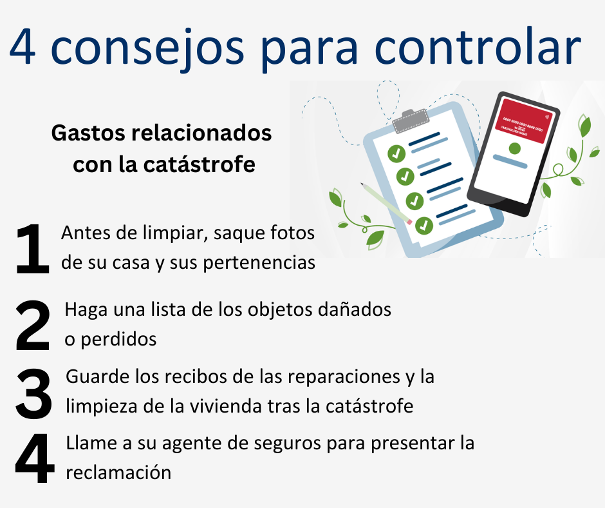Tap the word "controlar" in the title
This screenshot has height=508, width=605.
(x=478, y=47)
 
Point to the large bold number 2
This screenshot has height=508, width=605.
(x=33, y=326)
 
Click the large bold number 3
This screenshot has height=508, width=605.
(x=33, y=394)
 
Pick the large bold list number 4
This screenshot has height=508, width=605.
(x=34, y=458)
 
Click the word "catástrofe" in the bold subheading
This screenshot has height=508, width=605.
(x=199, y=164)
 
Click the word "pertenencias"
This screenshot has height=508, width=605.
(x=259, y=263)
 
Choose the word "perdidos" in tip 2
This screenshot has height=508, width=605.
(x=119, y=340)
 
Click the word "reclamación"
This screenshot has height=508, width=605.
(x=118, y=473)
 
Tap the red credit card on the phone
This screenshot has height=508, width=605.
(x=524, y=121)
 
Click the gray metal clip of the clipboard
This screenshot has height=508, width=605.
(x=411, y=121)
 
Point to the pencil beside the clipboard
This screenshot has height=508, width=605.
(x=386, y=203)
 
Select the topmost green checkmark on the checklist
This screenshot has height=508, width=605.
(x=396, y=154)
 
